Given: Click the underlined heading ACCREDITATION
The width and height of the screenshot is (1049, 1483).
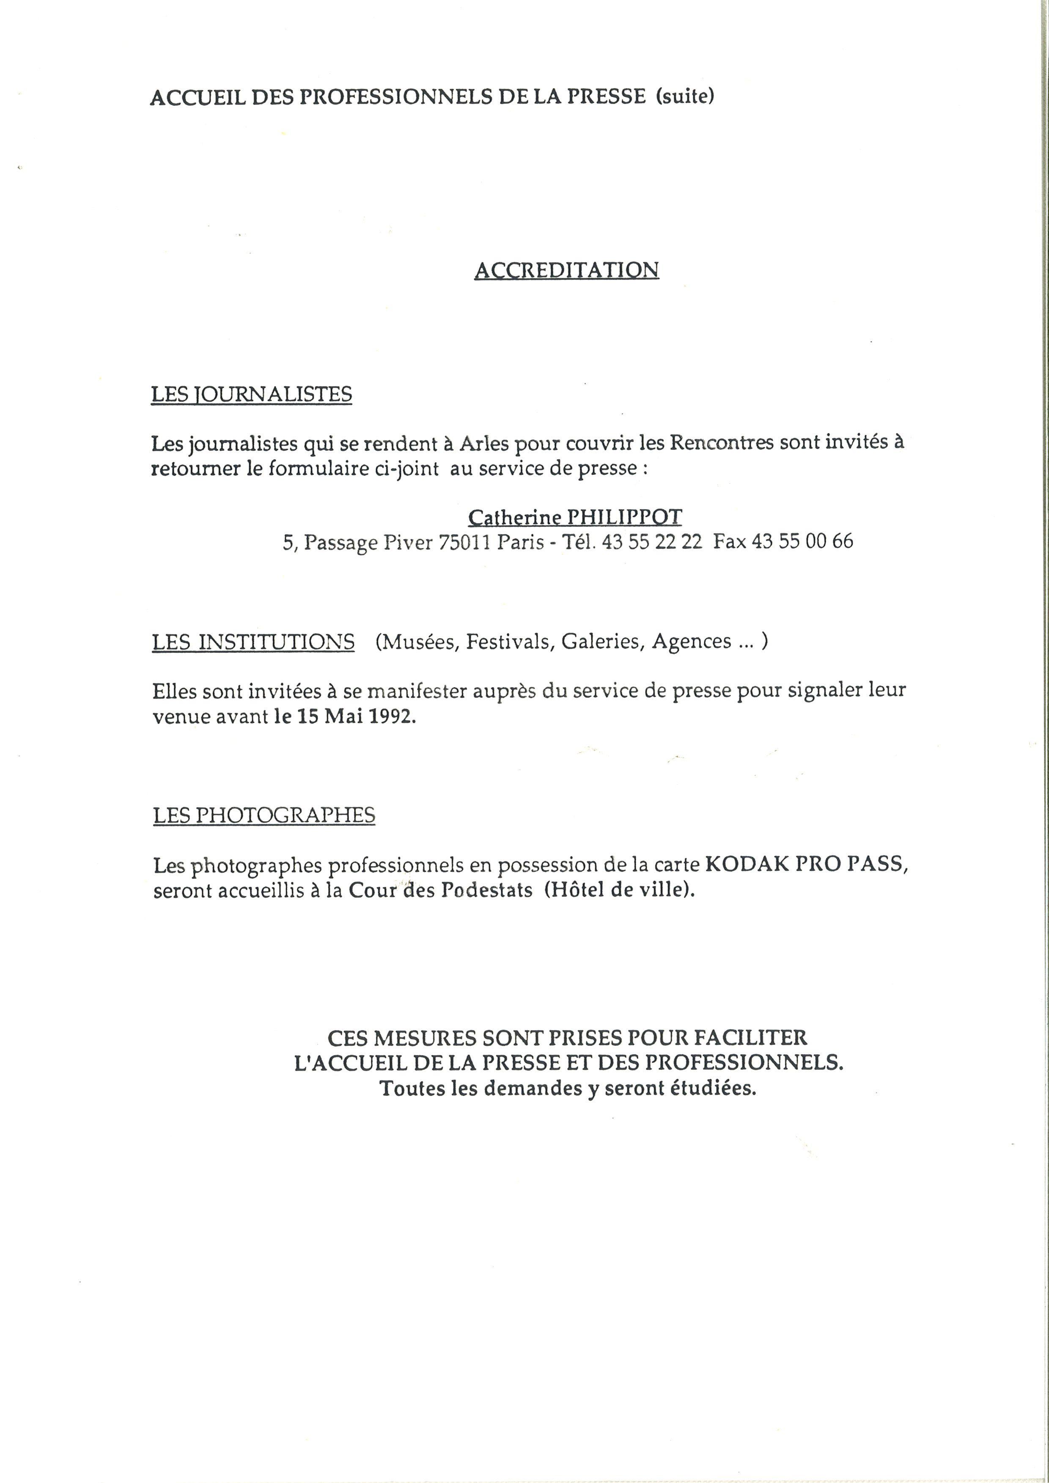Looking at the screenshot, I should [566, 269].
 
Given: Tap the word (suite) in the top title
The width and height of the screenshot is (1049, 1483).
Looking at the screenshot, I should [685, 96].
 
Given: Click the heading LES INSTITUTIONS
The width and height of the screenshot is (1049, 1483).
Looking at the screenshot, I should [253, 642].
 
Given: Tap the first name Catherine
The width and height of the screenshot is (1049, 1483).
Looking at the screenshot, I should [514, 517].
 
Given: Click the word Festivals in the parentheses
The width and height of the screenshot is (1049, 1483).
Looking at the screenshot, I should [510, 642].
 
